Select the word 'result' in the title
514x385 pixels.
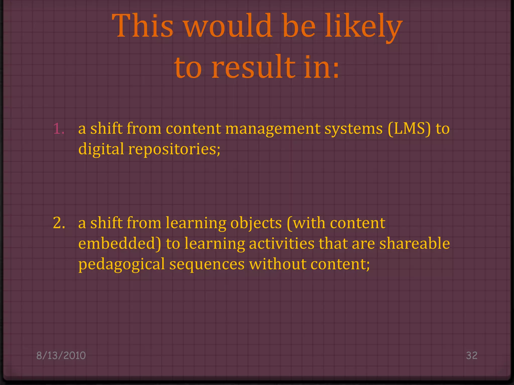coord(253,67)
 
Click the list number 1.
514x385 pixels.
coord(59,129)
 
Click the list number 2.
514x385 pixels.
coord(59,223)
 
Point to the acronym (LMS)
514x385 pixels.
coord(409,129)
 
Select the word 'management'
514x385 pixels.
coord(273,129)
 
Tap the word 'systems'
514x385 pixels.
coord(353,129)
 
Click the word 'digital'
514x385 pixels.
coord(101,149)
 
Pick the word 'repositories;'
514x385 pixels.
coord(174,149)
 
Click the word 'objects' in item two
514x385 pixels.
coord(256,223)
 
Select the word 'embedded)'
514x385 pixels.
coord(119,244)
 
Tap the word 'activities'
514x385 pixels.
coord(281,244)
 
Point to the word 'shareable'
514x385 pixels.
coord(414,244)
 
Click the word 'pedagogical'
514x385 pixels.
coord(121,264)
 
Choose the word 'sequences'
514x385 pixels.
coord(207,264)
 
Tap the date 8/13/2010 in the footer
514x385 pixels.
coord(61,355)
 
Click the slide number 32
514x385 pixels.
coord(472,355)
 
